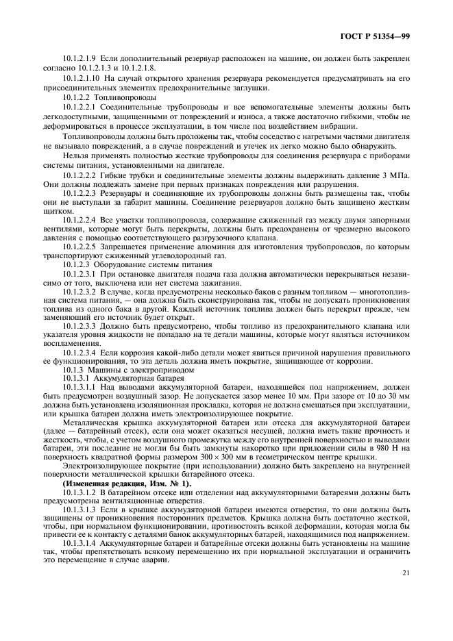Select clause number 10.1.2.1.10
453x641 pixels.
pyautogui.click(x=84, y=79)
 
